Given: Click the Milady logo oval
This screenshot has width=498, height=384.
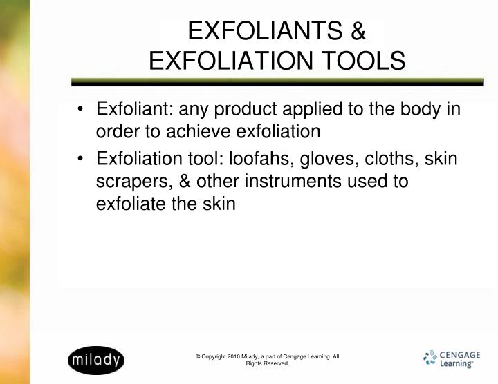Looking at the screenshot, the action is (96, 361).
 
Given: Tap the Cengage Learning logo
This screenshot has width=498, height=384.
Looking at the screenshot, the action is (452, 359).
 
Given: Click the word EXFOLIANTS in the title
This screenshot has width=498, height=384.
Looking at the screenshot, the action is (265, 30).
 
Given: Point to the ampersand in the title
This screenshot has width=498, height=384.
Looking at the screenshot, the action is (358, 30).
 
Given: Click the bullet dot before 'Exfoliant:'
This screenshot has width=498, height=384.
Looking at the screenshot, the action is (80, 108).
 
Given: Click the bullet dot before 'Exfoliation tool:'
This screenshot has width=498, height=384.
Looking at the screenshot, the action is (80, 158).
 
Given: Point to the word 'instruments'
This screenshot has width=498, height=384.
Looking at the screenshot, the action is (293, 181).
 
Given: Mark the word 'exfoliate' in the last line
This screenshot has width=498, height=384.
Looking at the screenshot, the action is (131, 203).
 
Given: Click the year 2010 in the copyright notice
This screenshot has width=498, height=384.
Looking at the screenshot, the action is (234, 356).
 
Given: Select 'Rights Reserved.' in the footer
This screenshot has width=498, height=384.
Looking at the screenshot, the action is (268, 363).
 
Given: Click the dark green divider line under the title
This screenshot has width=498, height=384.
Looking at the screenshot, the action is (277, 82).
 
